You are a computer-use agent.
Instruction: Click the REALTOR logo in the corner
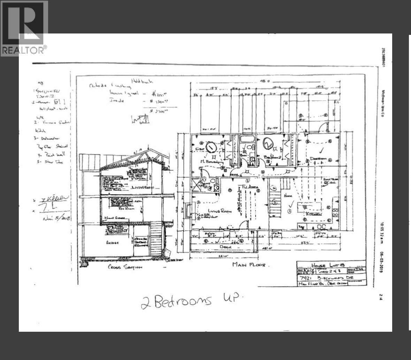click(x=24, y=28)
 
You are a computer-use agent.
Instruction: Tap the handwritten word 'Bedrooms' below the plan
click(x=182, y=301)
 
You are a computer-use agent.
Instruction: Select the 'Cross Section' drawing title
click(x=125, y=267)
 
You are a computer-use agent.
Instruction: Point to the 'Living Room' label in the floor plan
click(x=208, y=213)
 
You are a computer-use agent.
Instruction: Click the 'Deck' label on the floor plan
click(x=226, y=247)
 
